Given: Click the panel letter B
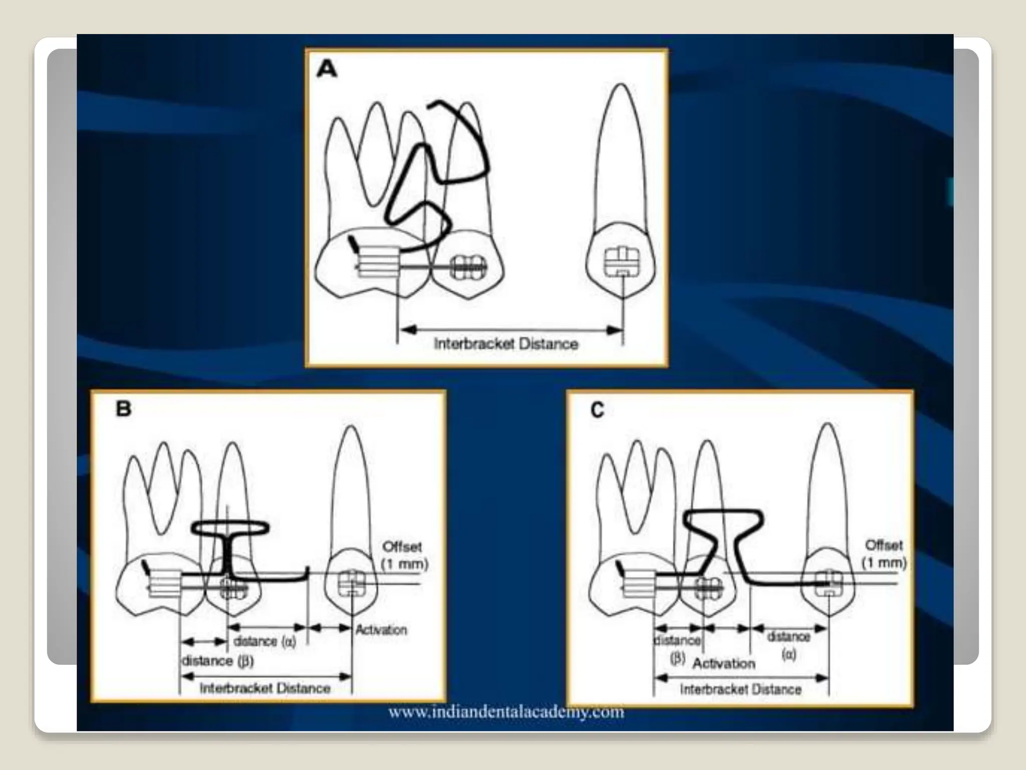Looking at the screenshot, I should pyautogui.click(x=123, y=409).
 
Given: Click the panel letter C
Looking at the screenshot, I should pyautogui.click(x=597, y=410).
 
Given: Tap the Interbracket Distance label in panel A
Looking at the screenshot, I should pyautogui.click(x=505, y=344).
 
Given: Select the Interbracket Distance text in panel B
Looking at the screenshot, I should pyautogui.click(x=265, y=688).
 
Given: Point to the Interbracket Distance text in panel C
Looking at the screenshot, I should pyautogui.click(x=740, y=689).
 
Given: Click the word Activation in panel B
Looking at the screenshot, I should pyautogui.click(x=381, y=630).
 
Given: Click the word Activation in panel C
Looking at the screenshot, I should pyautogui.click(x=723, y=663).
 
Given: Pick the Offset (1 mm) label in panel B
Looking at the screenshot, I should pyautogui.click(x=404, y=555).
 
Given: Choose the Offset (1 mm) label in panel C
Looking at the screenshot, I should pyautogui.click(x=884, y=553).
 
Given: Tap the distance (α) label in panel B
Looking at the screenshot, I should pyautogui.click(x=265, y=641).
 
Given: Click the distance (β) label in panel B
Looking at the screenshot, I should pyautogui.click(x=217, y=661).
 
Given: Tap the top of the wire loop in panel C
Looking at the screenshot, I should pyautogui.click(x=723, y=512).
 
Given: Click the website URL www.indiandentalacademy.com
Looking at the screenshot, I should pyautogui.click(x=506, y=712).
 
